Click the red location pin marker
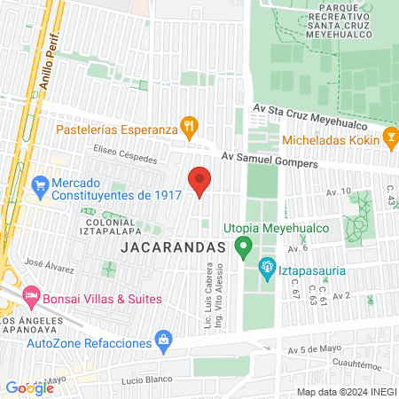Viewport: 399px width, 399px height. [199, 181]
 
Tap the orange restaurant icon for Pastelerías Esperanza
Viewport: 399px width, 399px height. [187, 127]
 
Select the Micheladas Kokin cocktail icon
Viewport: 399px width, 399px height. [389, 139]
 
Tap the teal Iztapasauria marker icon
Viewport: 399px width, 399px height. [266, 265]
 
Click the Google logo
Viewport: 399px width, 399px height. [28, 387]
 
